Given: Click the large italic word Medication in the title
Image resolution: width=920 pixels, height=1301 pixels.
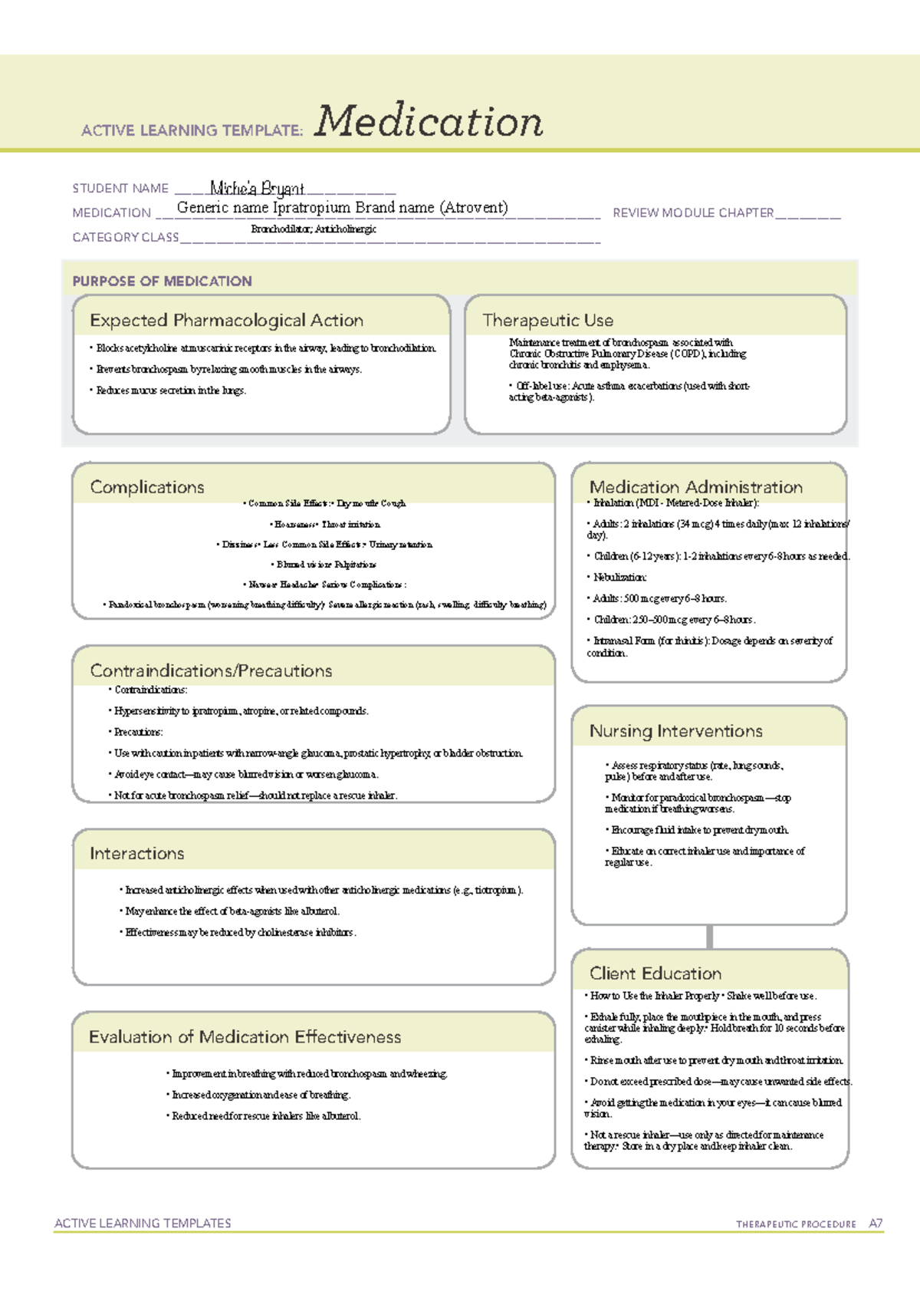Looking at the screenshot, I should coord(429,121).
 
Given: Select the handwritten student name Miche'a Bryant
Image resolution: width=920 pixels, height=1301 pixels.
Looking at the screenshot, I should coord(257,189).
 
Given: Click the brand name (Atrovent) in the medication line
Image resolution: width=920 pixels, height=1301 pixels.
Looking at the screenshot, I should coord(473,207).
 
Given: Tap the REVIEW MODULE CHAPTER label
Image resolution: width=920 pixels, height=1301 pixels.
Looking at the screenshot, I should coord(692,212).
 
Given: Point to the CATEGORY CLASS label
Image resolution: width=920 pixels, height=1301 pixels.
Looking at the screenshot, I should coord(126,237).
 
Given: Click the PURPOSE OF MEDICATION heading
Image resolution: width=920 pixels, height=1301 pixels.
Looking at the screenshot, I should coord(162,281).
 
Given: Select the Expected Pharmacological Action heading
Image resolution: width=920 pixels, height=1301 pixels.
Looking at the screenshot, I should coord(226,320).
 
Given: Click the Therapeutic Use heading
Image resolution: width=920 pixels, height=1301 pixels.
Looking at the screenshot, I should coord(547,320).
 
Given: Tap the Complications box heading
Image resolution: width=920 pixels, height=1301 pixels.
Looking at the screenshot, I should coord(147,487).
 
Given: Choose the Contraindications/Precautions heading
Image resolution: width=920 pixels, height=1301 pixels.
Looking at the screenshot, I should coord(211,670).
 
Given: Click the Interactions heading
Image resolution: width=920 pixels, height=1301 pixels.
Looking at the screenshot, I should coord(136,853).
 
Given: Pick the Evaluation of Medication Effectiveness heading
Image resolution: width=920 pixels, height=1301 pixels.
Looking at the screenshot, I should coord(245,1036).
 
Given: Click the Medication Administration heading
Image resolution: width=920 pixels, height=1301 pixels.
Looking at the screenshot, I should coord(695,487).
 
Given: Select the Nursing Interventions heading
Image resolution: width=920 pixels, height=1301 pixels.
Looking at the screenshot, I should coord(675,731).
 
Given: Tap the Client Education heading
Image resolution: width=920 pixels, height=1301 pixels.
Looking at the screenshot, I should coord(655,973).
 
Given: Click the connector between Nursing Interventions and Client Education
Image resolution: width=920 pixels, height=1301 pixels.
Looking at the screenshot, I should coord(710,937).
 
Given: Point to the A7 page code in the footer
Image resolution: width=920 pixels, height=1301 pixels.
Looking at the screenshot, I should coord(876,1224).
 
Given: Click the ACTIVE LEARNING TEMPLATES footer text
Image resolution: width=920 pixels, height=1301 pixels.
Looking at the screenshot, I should coord(143,1223).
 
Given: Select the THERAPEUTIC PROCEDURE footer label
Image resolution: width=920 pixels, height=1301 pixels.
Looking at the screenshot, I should coord(796,1224).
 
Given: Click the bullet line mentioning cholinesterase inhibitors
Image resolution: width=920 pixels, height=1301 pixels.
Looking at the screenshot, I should coord(241,933).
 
